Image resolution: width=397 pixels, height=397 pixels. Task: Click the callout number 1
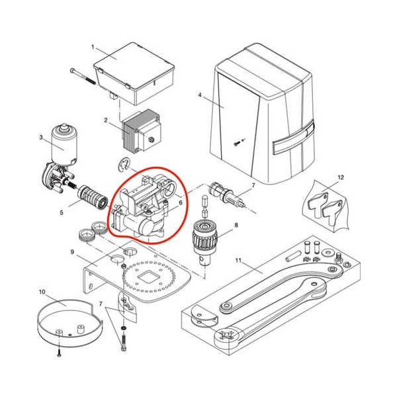(93, 47)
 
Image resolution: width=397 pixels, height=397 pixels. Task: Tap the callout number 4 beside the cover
(200, 95)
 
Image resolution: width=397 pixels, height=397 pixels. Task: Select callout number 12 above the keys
(341, 177)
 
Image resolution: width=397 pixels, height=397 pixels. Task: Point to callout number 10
(42, 292)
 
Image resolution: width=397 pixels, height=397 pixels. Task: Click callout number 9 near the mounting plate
(72, 252)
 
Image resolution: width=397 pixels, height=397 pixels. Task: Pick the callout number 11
(238, 260)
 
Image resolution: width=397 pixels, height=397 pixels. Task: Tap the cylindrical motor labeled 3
(64, 144)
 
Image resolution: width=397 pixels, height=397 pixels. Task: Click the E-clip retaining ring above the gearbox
(123, 165)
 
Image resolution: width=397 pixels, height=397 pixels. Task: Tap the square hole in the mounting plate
(148, 277)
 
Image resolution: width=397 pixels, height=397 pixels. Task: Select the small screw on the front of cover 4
(236, 144)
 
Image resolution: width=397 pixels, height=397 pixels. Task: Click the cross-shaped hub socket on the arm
(226, 335)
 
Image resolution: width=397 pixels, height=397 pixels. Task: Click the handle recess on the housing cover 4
(294, 138)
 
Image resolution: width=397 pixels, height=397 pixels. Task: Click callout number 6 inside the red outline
(180, 202)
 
